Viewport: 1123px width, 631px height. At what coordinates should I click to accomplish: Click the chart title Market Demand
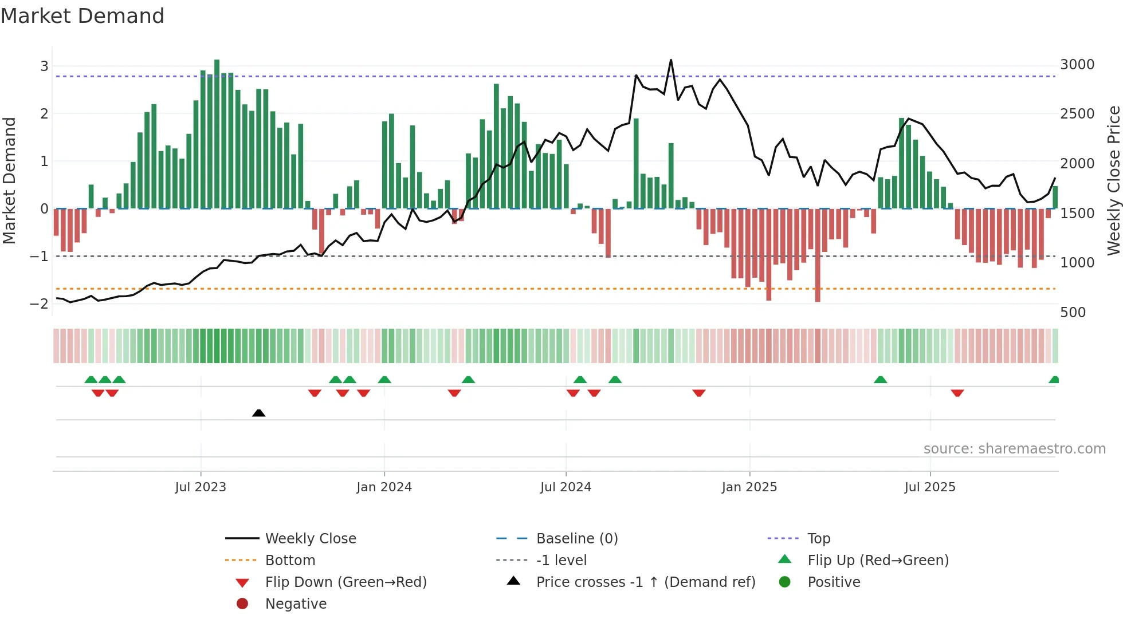[83, 16]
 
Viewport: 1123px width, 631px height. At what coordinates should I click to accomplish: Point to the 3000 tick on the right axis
[1077, 65]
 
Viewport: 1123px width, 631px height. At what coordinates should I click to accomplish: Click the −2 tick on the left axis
[39, 303]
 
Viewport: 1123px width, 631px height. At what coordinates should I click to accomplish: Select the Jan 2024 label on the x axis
[384, 487]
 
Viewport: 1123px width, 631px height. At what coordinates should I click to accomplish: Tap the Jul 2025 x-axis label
[930, 487]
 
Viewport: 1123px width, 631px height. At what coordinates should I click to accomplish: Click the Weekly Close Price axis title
[1113, 180]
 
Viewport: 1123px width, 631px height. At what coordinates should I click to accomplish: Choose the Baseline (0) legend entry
[577, 539]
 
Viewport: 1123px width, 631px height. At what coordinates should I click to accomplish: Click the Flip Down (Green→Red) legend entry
[345, 582]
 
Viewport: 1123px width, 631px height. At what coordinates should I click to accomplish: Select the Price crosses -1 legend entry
[646, 582]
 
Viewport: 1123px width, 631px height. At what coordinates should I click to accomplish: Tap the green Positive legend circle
[785, 582]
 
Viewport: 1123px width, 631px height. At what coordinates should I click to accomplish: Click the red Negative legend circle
[242, 604]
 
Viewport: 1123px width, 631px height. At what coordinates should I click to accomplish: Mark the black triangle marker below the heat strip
[258, 413]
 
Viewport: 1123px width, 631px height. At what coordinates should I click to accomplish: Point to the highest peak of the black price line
[671, 60]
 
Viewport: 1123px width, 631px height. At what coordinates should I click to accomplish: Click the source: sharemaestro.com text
[1014, 449]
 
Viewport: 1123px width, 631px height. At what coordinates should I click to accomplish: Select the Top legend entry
[819, 539]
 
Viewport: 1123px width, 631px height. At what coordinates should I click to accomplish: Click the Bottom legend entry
[290, 561]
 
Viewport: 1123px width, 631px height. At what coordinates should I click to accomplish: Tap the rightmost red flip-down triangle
[957, 393]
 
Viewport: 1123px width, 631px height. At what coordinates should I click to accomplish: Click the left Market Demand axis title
[9, 180]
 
